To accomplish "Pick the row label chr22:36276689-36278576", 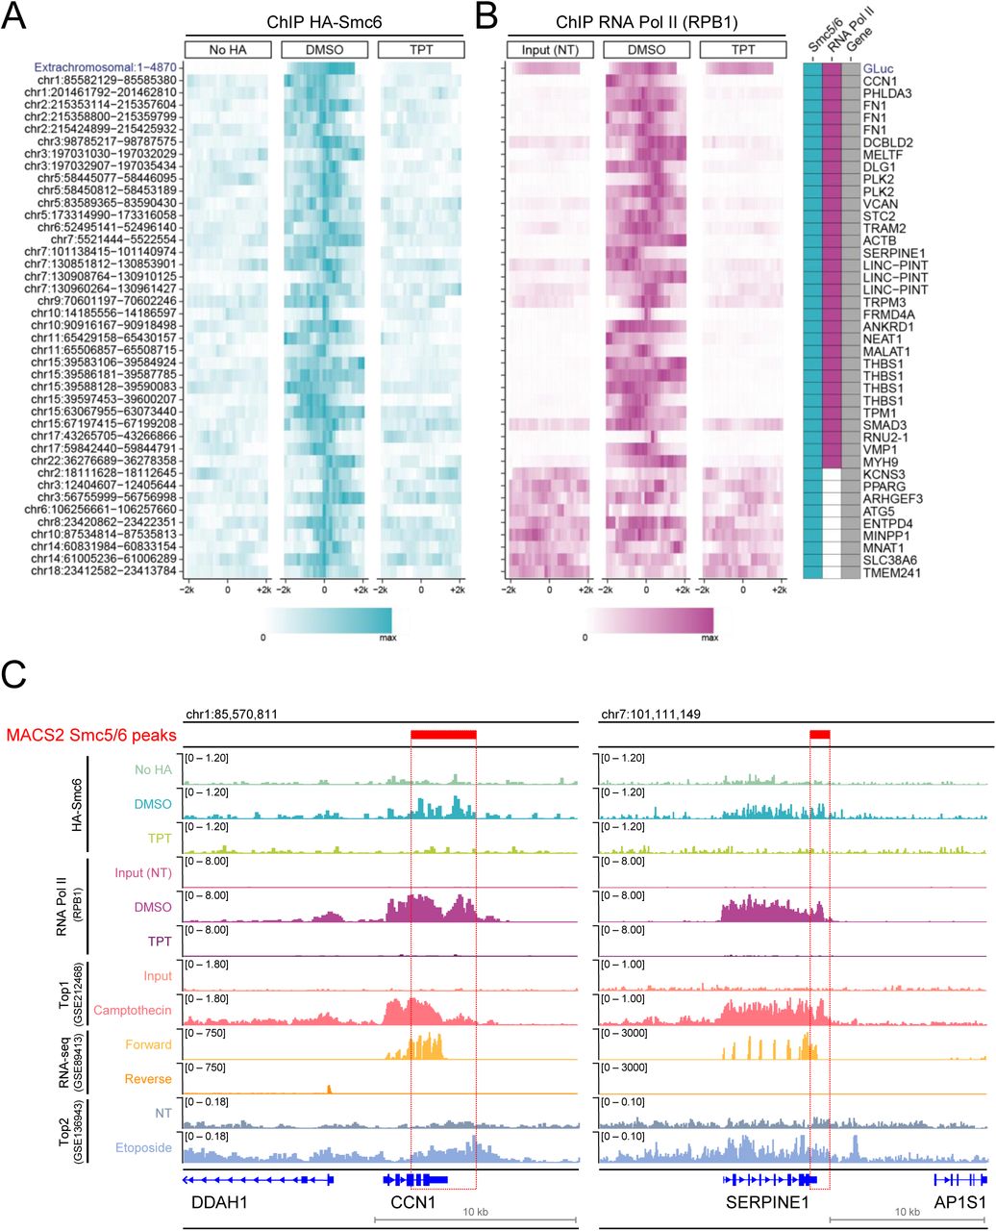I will pyautogui.click(x=107, y=458).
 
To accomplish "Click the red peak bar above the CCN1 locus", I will pyautogui.click(x=442, y=734).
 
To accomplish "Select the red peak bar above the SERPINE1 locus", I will pyautogui.click(x=819, y=734).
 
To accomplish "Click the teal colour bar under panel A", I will pyautogui.click(x=327, y=618).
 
